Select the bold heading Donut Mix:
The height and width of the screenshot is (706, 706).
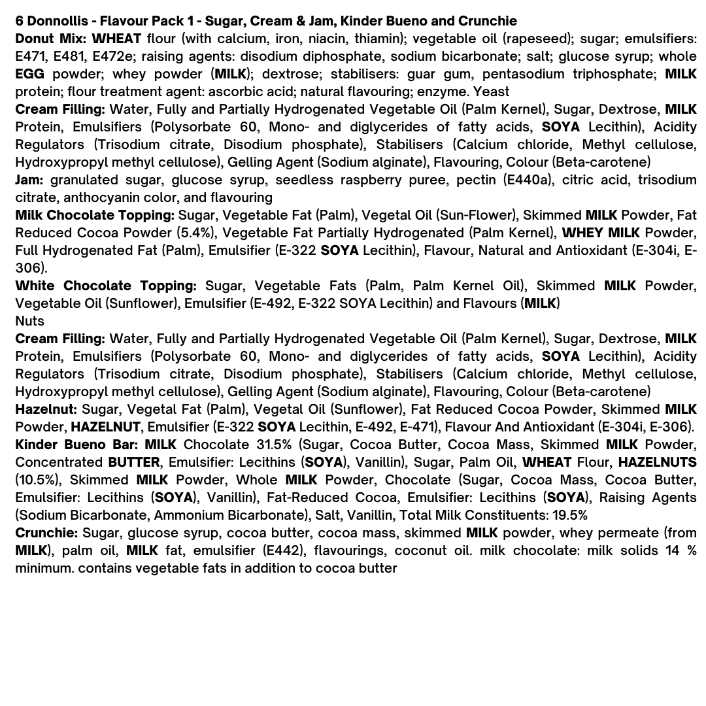click(x=50, y=39)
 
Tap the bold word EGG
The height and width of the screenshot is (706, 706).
click(x=29, y=74)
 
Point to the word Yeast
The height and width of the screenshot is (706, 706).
click(x=491, y=92)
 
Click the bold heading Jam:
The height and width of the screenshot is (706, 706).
click(x=29, y=180)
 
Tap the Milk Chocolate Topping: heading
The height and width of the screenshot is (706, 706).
click(x=95, y=215)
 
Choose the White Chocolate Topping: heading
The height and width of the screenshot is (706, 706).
click(x=106, y=286)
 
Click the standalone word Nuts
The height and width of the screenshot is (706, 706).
click(x=29, y=321)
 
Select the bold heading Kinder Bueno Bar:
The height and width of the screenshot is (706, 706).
click(x=76, y=445)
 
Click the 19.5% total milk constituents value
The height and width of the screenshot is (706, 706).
click(x=570, y=515)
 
